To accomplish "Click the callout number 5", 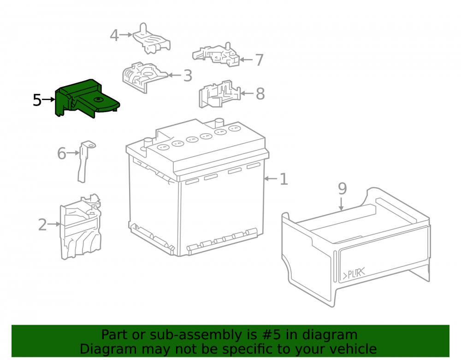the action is click(37, 100).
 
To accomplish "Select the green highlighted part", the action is click(85, 99).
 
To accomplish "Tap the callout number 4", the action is click(114, 35).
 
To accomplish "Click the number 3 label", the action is click(188, 76).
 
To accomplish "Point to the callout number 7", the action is click(259, 60).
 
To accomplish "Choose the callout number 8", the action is click(260, 94).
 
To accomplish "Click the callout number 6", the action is click(61, 153).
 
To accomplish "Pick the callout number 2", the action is click(42, 225).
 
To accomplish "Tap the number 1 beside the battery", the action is click(284, 179).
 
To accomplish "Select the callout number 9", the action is click(342, 189).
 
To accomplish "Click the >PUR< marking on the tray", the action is click(354, 274).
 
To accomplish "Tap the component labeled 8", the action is click(219, 94).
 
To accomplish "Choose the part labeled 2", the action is click(81, 227).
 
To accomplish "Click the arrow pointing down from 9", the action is click(341, 204).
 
